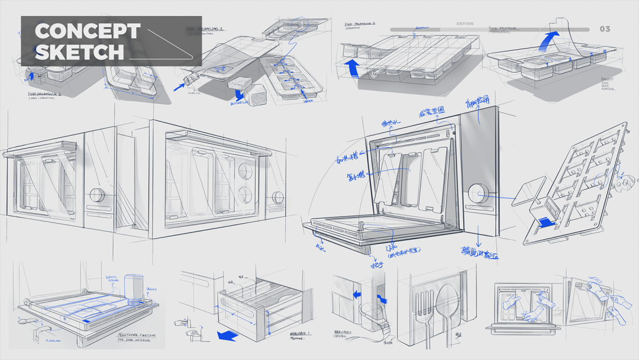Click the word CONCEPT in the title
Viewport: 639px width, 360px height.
coord(87,31)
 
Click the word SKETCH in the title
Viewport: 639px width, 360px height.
coord(79,52)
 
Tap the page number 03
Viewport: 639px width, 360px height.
coord(605,29)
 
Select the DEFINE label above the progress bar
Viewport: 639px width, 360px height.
coord(465,24)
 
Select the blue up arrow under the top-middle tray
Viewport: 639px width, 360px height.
coord(353,68)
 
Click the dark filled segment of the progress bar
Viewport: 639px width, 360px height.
coord(414,29)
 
